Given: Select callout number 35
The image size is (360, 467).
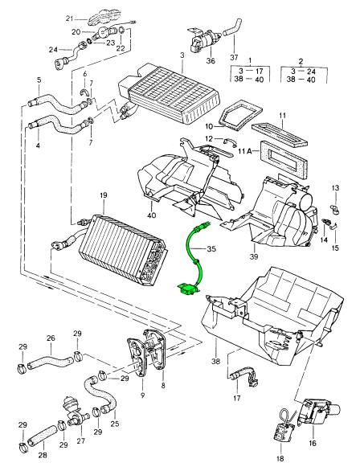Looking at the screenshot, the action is [211, 248].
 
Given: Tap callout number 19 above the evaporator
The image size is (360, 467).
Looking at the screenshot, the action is [104, 195].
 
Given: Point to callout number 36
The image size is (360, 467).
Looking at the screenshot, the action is [211, 61].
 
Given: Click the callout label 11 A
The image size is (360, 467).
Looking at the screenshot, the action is [246, 151].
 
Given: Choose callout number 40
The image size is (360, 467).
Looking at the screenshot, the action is [152, 215].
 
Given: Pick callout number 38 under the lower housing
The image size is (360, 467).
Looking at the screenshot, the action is [216, 361].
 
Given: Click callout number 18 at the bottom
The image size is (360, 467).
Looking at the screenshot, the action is [280, 458].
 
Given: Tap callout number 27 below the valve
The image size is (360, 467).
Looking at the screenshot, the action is [81, 441].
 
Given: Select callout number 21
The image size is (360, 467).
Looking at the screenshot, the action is [69, 18].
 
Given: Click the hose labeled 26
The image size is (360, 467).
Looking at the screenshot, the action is [51, 360].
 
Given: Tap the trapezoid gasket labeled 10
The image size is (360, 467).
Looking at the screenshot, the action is [240, 114].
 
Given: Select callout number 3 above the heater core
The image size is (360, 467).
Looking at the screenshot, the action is [182, 55].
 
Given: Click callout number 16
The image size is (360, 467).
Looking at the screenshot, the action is [312, 443].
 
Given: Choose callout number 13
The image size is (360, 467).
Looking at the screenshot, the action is [335, 188].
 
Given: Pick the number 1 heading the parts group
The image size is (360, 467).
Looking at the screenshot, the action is [250, 61].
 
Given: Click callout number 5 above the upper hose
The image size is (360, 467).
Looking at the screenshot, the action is [39, 80].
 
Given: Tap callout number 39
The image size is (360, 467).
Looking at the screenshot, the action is [254, 256].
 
